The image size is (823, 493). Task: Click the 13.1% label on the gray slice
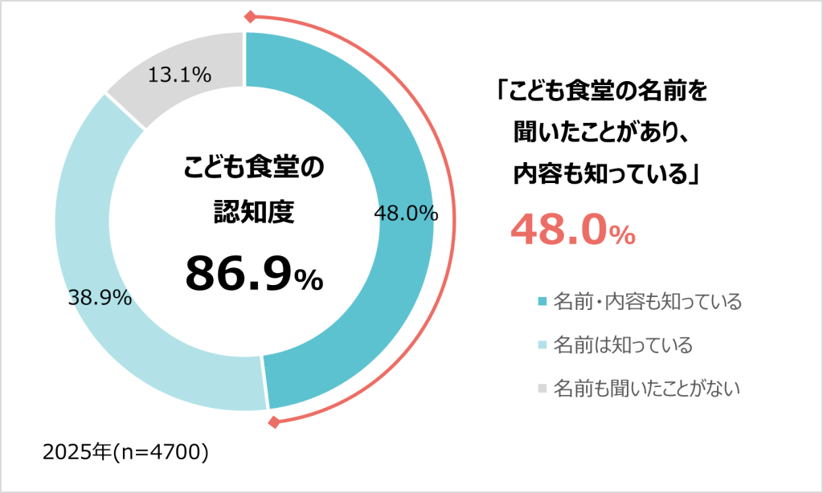coord(180,75)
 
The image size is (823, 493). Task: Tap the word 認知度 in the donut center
coord(252,211)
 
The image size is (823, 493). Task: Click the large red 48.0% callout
coord(573,231)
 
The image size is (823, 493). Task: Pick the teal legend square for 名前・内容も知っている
coord(542,302)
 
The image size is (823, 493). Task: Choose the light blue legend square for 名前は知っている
coord(542,345)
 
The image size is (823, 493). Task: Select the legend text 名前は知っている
coord(623,345)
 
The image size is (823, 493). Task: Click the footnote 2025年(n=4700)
coord(125,452)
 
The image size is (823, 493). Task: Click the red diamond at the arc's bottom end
coord(274,422)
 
